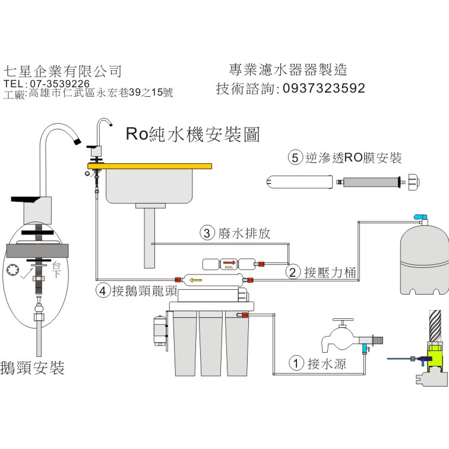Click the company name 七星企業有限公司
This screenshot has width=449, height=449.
tap(62, 71)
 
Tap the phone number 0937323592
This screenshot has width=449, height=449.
tap(324, 88)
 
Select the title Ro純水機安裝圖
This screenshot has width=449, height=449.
tap(192, 134)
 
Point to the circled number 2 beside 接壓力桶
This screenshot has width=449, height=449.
tap(292, 273)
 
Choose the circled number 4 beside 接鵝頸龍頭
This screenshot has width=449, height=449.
tap(103, 291)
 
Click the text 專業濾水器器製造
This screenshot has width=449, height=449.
tap(287, 70)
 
